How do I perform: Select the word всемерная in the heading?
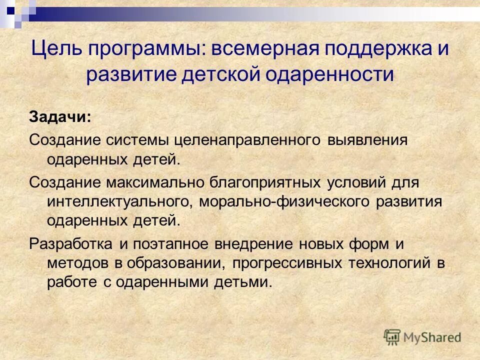click(x=261, y=50)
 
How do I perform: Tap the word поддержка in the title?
click(x=376, y=50)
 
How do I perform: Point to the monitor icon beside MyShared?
click(x=392, y=336)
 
